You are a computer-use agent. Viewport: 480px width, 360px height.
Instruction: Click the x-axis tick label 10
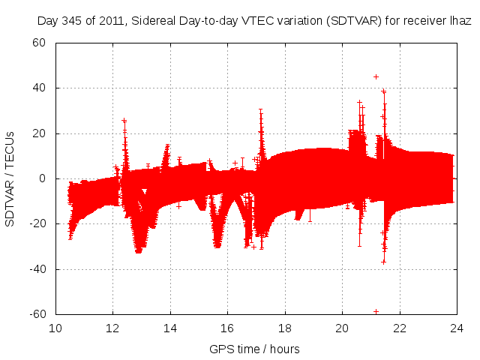pos(55,328)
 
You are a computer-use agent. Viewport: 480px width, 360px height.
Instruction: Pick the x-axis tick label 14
pos(170,328)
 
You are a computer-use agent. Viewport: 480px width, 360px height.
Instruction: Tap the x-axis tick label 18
pos(285,328)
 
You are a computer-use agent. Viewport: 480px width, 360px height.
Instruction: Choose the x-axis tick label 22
pos(400,328)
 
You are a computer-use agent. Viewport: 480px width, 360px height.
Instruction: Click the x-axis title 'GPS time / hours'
pos(254,349)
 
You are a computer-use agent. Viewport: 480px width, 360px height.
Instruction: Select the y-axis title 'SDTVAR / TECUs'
pos(10,178)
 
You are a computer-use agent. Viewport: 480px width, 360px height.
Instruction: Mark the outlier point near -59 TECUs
pos(376,311)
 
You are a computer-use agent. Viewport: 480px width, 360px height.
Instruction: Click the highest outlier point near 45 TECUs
pos(376,76)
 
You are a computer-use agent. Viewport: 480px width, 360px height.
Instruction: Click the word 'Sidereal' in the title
pos(157,22)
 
